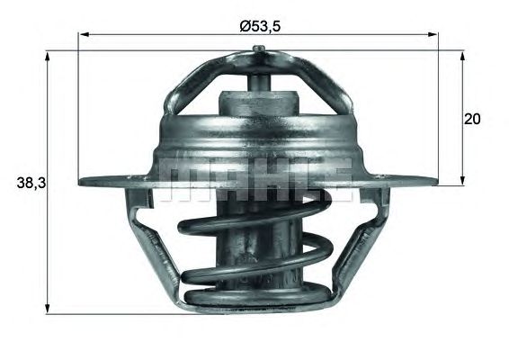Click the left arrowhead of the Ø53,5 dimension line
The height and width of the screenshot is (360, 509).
tap(83, 36)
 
